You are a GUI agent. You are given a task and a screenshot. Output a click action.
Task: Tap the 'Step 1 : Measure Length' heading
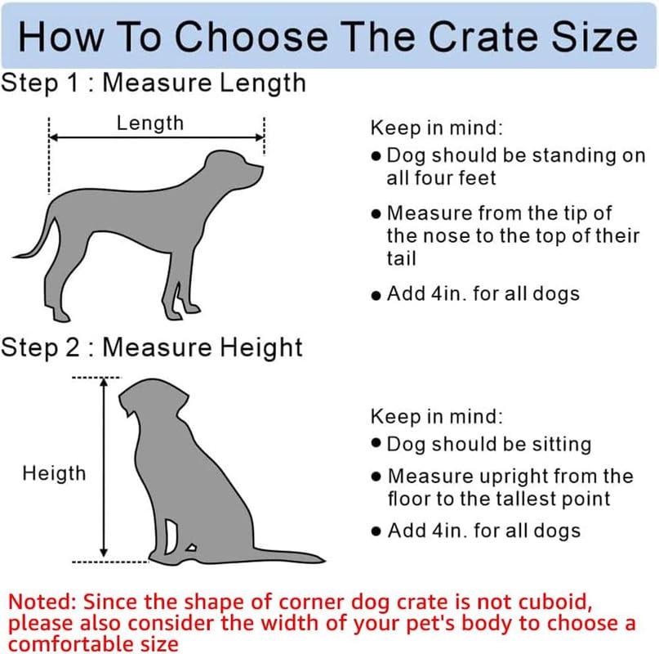coord(153,83)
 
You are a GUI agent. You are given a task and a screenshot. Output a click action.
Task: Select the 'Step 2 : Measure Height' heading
coord(152,347)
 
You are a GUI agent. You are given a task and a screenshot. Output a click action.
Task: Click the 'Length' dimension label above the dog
coord(150,123)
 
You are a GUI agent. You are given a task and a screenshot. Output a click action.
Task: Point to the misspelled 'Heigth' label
coord(54,473)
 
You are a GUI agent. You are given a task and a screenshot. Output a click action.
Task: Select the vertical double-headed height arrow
coord(104,470)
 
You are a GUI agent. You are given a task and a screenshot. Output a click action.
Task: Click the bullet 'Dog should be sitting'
coord(488,444)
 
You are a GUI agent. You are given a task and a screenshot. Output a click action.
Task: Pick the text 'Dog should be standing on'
coord(515,155)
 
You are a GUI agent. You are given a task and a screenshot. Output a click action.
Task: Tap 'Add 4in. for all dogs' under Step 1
coord(483,293)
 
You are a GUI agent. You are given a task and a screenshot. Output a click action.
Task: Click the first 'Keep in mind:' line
coord(437,128)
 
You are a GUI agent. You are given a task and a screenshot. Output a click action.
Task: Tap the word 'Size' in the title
coord(595,37)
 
